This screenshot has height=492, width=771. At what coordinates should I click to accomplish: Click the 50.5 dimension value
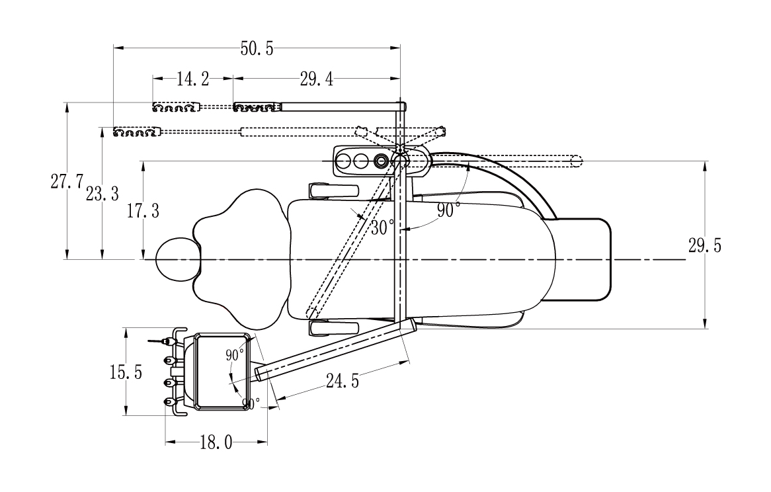tap(257, 49)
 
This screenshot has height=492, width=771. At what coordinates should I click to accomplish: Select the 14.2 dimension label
tap(193, 79)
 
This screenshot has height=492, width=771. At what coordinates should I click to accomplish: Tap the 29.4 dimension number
tap(317, 79)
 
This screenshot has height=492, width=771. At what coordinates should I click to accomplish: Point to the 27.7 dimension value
tap(67, 181)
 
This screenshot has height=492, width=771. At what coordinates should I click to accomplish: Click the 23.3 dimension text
tap(102, 194)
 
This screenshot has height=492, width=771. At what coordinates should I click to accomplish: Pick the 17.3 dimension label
tap(143, 211)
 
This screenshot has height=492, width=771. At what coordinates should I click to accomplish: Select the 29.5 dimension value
tap(705, 245)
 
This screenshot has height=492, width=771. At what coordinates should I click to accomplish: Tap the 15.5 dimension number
tap(126, 372)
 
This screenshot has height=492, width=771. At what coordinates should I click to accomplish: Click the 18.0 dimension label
tap(216, 443)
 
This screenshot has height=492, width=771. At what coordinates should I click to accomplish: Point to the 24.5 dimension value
tap(343, 380)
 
